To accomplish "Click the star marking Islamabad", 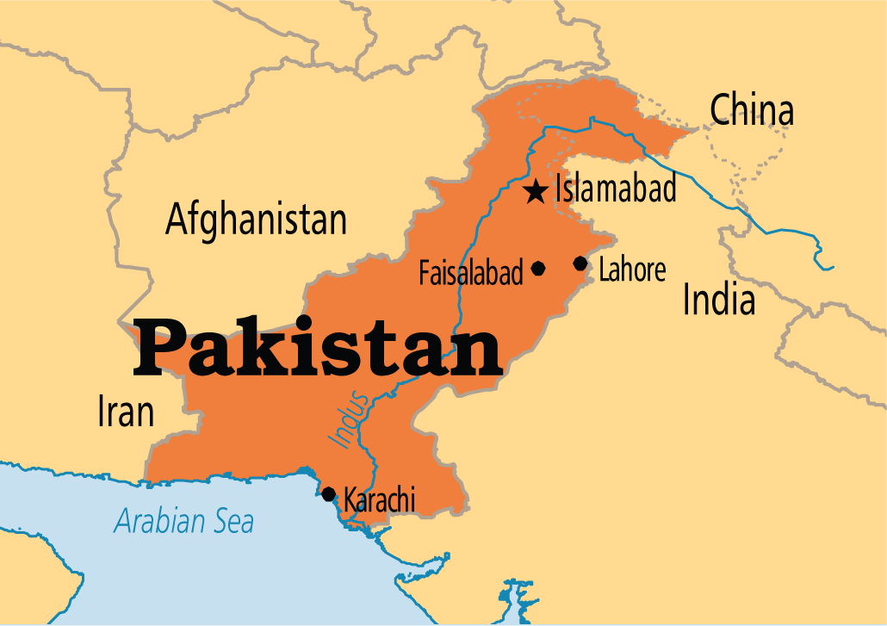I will pos(536,191).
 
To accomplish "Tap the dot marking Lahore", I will pos(580,263).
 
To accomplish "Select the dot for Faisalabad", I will pos(538,268).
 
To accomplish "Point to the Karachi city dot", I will pos(328,493).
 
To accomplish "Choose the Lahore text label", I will pos(632,270).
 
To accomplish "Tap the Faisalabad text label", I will pos(471,274).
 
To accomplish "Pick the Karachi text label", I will pos(379,499).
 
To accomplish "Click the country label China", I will pos(751,111).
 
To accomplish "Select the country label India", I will pos(719,301).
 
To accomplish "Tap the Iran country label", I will pos(126,412).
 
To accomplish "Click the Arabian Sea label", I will pos(184,520).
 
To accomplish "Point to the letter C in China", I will pos(722,111).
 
